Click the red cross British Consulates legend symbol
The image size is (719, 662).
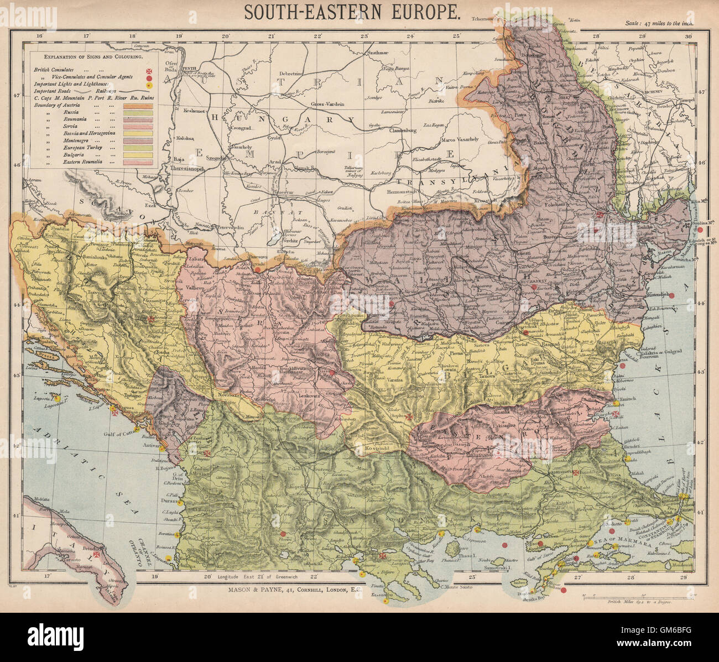(148, 71)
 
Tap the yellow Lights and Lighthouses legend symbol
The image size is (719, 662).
(148, 86)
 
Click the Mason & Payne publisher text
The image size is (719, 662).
(294, 591)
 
